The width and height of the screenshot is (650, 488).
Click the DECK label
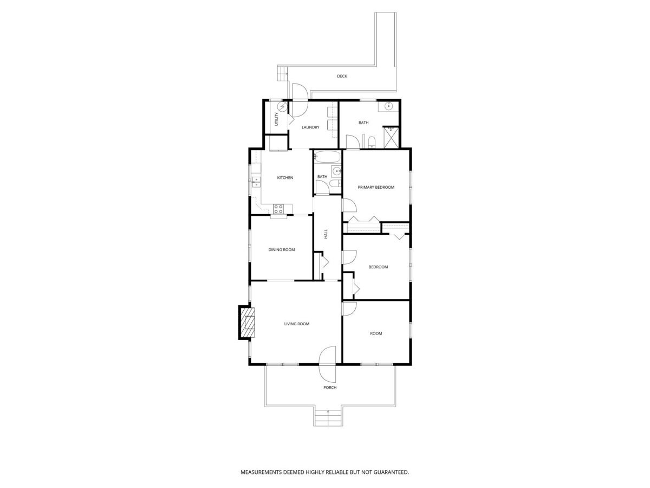click(342, 76)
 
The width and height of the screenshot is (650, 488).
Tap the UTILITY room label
click(277, 119)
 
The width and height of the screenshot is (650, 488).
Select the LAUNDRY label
click(310, 127)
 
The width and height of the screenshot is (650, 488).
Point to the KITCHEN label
click(285, 177)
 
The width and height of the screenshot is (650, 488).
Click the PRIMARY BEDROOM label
click(376, 187)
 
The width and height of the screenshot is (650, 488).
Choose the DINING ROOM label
click(281, 249)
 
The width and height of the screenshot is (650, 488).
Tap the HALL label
click(326, 234)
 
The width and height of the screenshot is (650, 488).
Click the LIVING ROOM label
click(296, 324)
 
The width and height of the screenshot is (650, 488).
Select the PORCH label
click(329, 387)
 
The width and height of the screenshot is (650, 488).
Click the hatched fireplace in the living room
click(247, 323)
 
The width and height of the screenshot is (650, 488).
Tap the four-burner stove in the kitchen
click(71, 209)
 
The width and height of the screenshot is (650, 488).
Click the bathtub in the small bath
click(327, 157)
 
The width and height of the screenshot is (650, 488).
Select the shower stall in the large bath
click(391, 137)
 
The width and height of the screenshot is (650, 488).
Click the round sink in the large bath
click(388, 106)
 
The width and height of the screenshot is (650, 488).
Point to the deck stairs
click(282, 74)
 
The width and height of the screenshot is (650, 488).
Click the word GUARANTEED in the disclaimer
click(391, 472)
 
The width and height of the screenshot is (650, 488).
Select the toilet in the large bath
click(372, 142)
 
